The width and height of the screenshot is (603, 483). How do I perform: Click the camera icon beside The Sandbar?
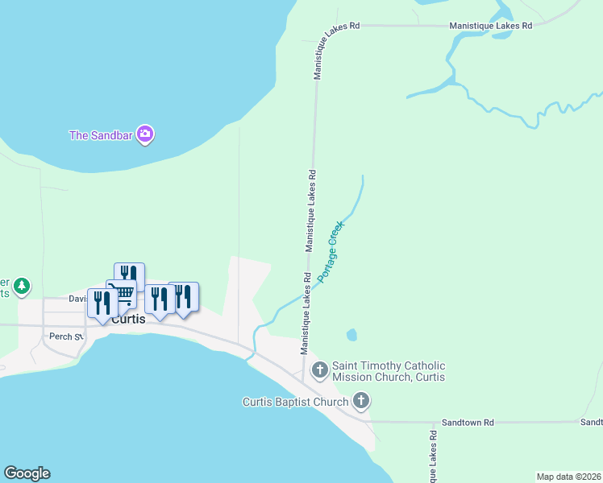145,134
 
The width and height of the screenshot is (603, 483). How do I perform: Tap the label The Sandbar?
101,135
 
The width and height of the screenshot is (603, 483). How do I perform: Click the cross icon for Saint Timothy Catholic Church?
320,370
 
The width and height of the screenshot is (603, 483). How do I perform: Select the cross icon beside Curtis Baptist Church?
361,400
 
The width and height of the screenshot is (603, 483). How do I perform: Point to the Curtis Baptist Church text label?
296,402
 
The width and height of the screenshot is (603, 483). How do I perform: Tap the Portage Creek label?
335,251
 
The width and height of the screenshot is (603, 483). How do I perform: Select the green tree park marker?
22,285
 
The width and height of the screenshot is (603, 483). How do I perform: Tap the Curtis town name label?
128,319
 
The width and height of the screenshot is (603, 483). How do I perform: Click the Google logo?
27,473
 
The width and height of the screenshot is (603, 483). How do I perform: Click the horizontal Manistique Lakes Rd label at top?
491,26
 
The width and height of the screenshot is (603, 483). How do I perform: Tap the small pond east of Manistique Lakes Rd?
351,334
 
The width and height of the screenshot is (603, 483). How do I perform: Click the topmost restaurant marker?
129,276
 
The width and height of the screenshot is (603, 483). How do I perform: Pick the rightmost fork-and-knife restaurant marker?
184,295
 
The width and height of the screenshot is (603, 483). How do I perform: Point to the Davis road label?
77,299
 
